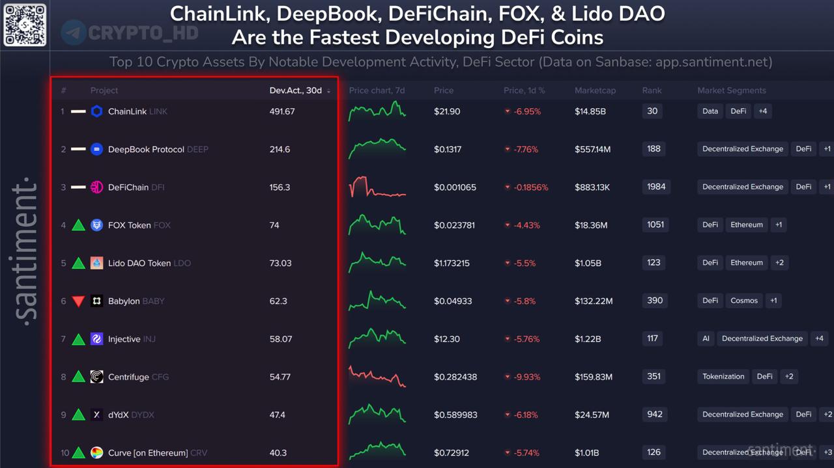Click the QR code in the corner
25,24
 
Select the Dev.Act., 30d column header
296,90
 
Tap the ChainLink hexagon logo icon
96,111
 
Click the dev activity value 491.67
282,111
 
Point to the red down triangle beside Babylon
78,301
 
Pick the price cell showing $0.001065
455,187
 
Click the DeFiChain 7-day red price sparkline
377,187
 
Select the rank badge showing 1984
656,187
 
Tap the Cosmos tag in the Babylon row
744,301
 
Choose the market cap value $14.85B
590,111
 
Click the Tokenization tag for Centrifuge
723,376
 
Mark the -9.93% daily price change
528,377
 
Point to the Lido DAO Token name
139,263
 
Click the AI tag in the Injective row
706,338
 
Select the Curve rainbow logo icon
96,453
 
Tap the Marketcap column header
595,90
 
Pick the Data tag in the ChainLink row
710,111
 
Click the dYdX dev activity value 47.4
278,415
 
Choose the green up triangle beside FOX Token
78,225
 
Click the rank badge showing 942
655,414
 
